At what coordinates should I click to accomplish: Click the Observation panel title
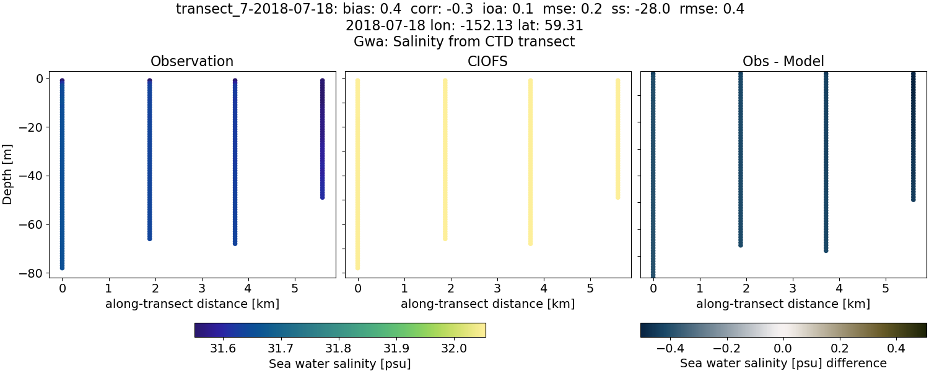[x=192, y=62]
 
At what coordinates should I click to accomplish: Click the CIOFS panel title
[x=487, y=62]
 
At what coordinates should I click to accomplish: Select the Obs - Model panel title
[x=783, y=62]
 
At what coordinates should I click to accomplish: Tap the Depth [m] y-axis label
[x=8, y=176]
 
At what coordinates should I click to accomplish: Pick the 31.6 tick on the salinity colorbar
[x=223, y=348]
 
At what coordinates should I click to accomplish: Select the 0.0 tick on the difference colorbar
[x=783, y=348]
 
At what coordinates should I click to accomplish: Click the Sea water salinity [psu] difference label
[x=783, y=363]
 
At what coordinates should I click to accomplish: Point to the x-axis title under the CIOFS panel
[x=487, y=304]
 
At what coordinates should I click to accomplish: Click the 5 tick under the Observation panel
[x=295, y=288]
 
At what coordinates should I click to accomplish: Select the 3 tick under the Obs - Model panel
[x=793, y=288]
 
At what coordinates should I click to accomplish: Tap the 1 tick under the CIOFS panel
[x=404, y=288]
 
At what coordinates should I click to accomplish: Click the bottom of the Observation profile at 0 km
[x=62, y=268]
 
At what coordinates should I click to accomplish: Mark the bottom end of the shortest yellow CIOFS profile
[x=617, y=197]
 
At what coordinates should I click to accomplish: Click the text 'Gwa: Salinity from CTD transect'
[x=464, y=42]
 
